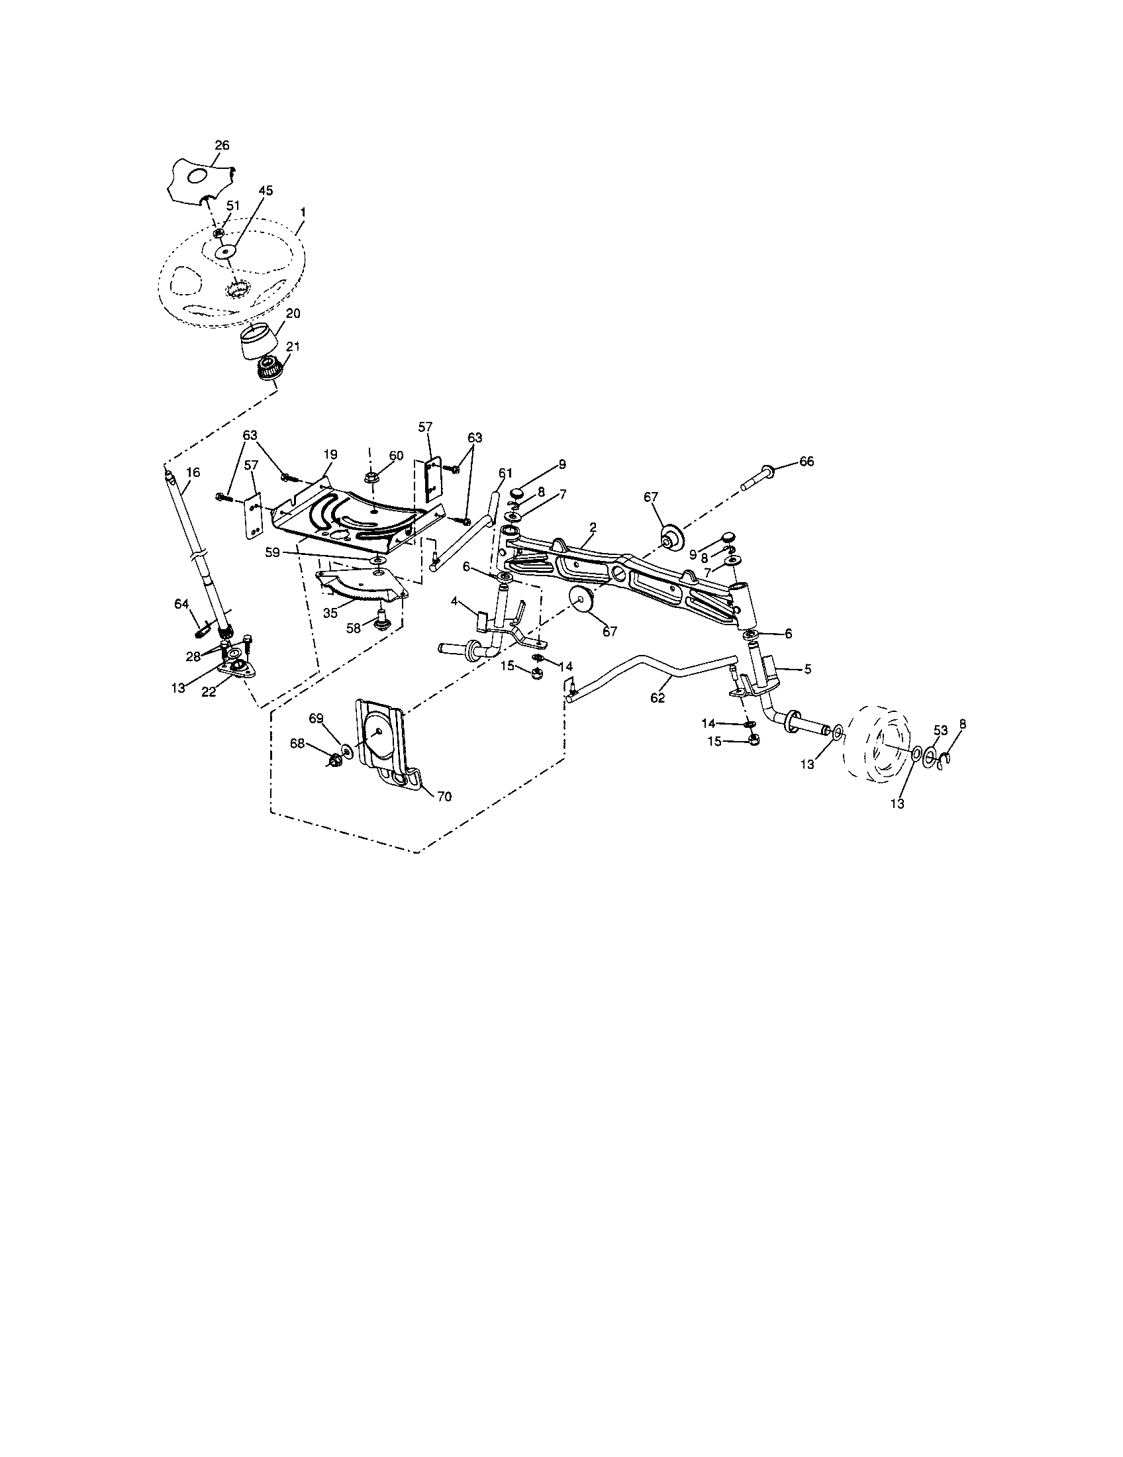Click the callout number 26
coord(222,145)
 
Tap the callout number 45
coord(266,190)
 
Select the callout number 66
coord(806,462)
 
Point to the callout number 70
coord(444,796)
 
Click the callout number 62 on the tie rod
coord(658,698)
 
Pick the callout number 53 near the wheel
coord(940,730)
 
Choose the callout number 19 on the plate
coord(331,454)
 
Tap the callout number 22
coord(209,692)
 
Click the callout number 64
coord(181,604)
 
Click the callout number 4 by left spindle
coord(454,601)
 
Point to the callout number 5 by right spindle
coord(808,669)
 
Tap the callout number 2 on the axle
coord(593,527)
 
